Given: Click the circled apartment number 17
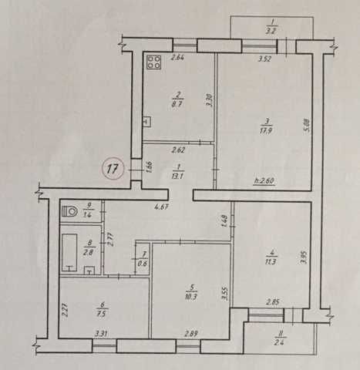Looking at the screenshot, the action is coord(113,169).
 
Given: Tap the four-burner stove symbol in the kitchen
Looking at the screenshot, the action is coord(153,62).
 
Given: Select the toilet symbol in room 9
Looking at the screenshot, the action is coord(69,212).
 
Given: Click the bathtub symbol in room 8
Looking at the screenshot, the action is coord(69,252).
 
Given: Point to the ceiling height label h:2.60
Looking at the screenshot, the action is coord(264,181).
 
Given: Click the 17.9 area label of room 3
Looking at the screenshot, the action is coord(266,130).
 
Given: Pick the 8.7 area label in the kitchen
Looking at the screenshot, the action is coord(178,105).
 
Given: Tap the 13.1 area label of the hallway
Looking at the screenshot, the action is coord(178,176).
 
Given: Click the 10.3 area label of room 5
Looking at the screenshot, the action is coord(192,297).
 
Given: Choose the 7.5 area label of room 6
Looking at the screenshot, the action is coord(102,314).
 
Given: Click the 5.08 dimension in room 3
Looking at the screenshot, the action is coord(308,125).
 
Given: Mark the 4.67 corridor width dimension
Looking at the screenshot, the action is coord(161,207).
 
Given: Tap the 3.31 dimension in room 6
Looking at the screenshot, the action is coord(102,334).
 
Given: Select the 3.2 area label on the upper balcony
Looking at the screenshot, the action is coord(271,32).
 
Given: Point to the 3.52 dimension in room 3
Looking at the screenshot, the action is coord(264,59).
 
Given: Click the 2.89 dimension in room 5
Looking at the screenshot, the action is coord(190,334).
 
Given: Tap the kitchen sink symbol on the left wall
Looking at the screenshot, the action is coord(147,122).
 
